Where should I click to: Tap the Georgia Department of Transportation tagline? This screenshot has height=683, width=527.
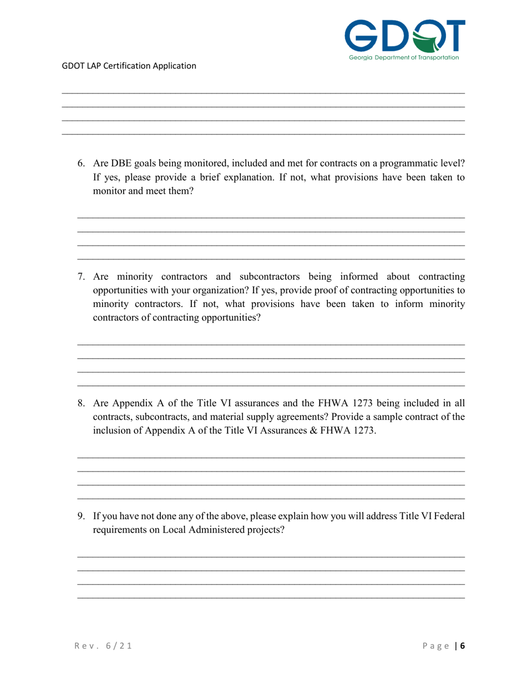[x=404, y=57]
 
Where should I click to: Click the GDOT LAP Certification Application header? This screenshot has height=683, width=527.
[x=129, y=66]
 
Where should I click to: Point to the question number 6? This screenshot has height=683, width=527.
[x=81, y=164]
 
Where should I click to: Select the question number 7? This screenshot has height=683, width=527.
[x=81, y=277]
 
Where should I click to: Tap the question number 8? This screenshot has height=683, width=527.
[x=81, y=403]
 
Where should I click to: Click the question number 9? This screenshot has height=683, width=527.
[x=81, y=516]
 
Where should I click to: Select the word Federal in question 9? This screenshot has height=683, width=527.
[x=447, y=516]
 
